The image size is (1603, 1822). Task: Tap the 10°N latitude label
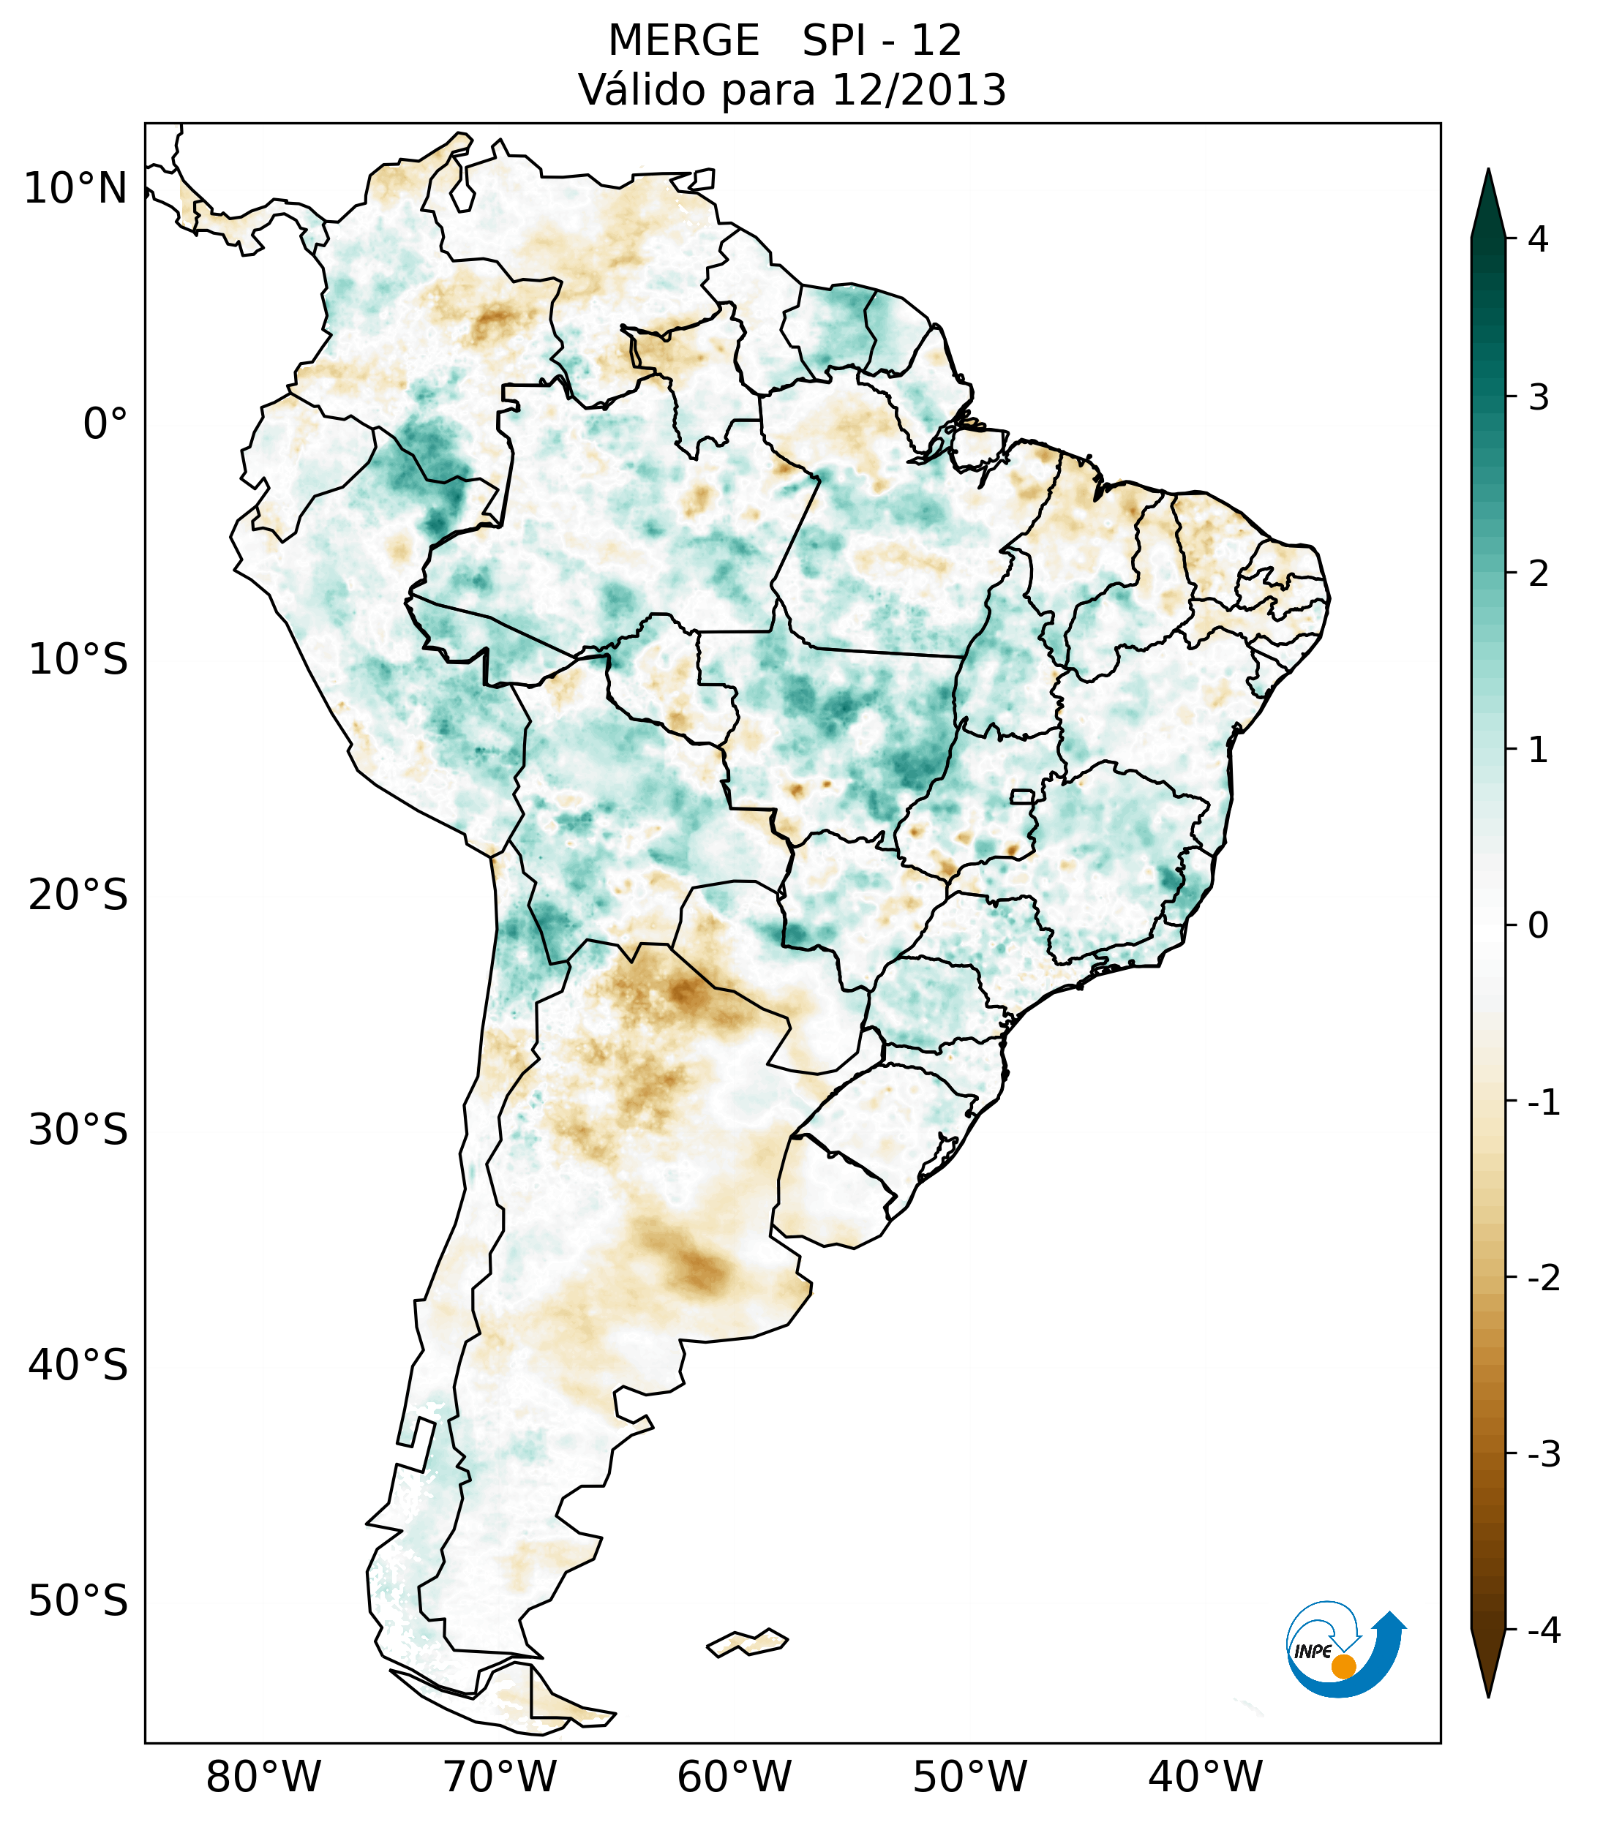tap(76, 189)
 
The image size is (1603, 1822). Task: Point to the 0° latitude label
tap(105, 424)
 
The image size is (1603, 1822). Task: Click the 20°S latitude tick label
tap(78, 895)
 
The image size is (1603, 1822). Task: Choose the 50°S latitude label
tap(78, 1602)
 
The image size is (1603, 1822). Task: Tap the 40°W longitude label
tap(1206, 1777)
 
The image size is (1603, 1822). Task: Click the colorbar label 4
tap(1538, 239)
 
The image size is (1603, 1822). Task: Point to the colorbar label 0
tap(1538, 926)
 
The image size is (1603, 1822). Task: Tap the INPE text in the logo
tap(1313, 1652)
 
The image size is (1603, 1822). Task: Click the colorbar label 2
tap(1538, 574)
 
